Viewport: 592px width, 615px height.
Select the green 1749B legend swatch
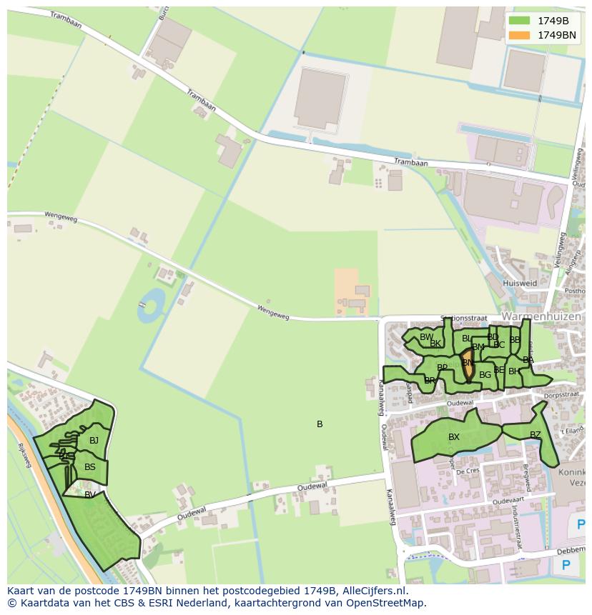pos(521,20)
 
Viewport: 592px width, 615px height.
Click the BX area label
pos(454,437)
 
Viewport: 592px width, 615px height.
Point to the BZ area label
pos(536,434)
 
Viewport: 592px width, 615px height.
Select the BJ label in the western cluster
pos(94,441)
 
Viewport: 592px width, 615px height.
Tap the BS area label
pos(90,467)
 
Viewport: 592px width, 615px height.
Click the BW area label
pos(426,337)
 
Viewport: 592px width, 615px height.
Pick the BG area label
pos(485,374)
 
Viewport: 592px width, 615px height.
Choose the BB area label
pos(515,340)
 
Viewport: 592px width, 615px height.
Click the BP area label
pos(443,368)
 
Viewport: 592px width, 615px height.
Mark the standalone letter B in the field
pos(320,424)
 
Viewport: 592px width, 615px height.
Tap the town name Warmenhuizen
pos(541,316)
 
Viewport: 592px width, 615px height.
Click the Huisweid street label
pos(519,283)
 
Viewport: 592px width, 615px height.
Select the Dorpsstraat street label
pos(562,394)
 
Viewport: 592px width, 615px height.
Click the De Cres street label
pos(468,471)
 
